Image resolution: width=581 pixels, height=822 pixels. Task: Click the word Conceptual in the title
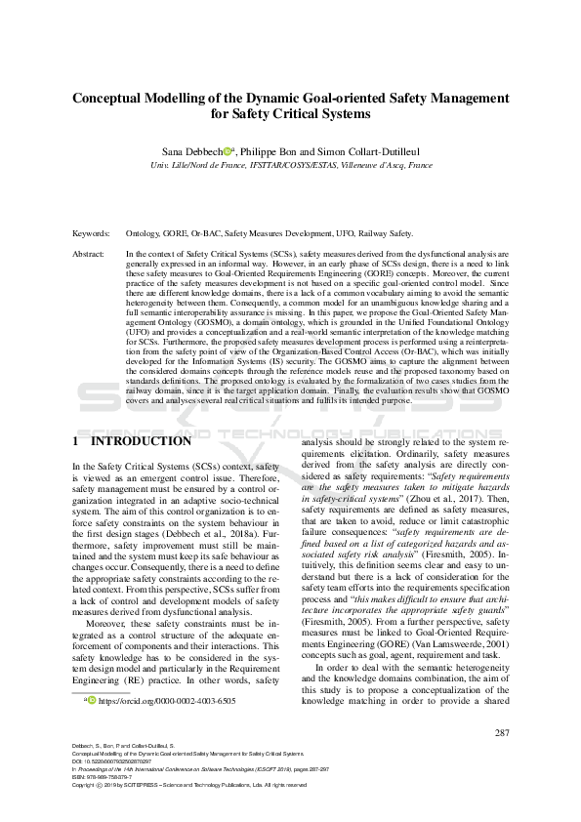[x=115, y=98]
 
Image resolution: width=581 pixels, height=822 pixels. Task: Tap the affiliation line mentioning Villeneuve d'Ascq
[x=291, y=166]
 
